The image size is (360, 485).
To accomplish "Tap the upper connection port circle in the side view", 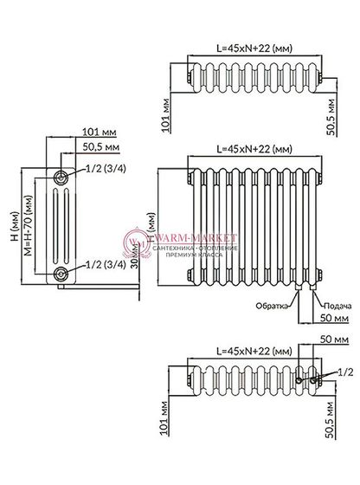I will pos(62,177).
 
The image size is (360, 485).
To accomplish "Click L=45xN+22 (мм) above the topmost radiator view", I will pos(249,50).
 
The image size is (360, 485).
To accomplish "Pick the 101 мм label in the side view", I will pos(102,132).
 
